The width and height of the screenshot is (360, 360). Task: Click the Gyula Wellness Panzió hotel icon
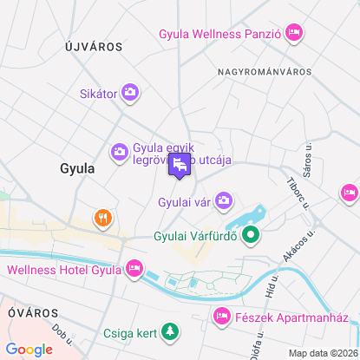tap(293, 34)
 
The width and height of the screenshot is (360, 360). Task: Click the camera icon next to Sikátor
tap(130, 92)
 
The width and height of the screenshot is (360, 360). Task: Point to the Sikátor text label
tap(97, 92)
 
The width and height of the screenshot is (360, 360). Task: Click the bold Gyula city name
tap(77, 168)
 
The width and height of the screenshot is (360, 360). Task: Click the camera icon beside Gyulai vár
tap(225, 201)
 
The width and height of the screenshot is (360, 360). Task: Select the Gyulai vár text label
tap(186, 202)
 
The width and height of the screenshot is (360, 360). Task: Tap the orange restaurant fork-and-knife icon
tap(102, 217)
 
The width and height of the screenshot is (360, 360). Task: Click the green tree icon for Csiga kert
tap(172, 331)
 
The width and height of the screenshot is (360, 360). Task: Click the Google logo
tap(29, 349)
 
